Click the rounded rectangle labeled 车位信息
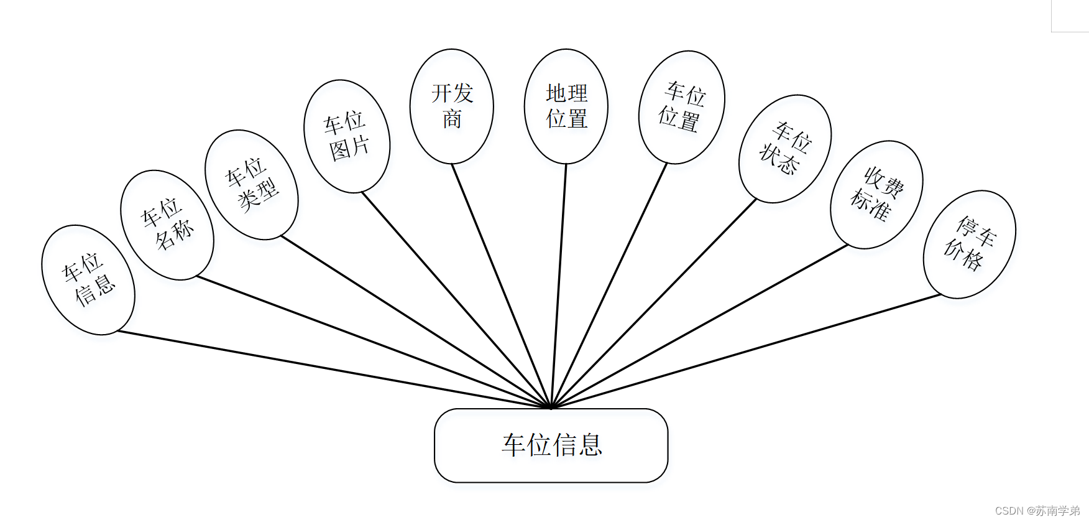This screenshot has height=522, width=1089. (551, 445)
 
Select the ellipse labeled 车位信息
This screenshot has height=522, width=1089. (88, 280)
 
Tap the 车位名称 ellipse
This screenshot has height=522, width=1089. (167, 225)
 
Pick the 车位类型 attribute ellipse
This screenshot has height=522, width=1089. (252, 185)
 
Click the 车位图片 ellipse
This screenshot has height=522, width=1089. (347, 136)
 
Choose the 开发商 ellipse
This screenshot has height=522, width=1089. (452, 106)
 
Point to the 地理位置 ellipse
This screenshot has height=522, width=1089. (566, 106)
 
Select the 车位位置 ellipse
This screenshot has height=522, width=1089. (682, 107)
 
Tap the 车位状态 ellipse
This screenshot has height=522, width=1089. (785, 149)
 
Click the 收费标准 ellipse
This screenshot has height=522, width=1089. (876, 195)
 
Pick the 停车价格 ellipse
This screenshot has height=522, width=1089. (970, 245)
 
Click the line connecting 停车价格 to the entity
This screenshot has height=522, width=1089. (746, 352)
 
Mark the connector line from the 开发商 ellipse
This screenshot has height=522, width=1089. (501, 286)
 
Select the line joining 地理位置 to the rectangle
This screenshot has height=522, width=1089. (559, 286)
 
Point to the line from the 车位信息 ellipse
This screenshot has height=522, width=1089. (334, 370)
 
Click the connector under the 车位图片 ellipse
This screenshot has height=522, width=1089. (456, 301)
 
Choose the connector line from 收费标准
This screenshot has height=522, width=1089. (699, 327)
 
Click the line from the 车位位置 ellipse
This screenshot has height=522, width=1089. (609, 286)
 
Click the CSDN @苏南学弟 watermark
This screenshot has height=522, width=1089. (1037, 511)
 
